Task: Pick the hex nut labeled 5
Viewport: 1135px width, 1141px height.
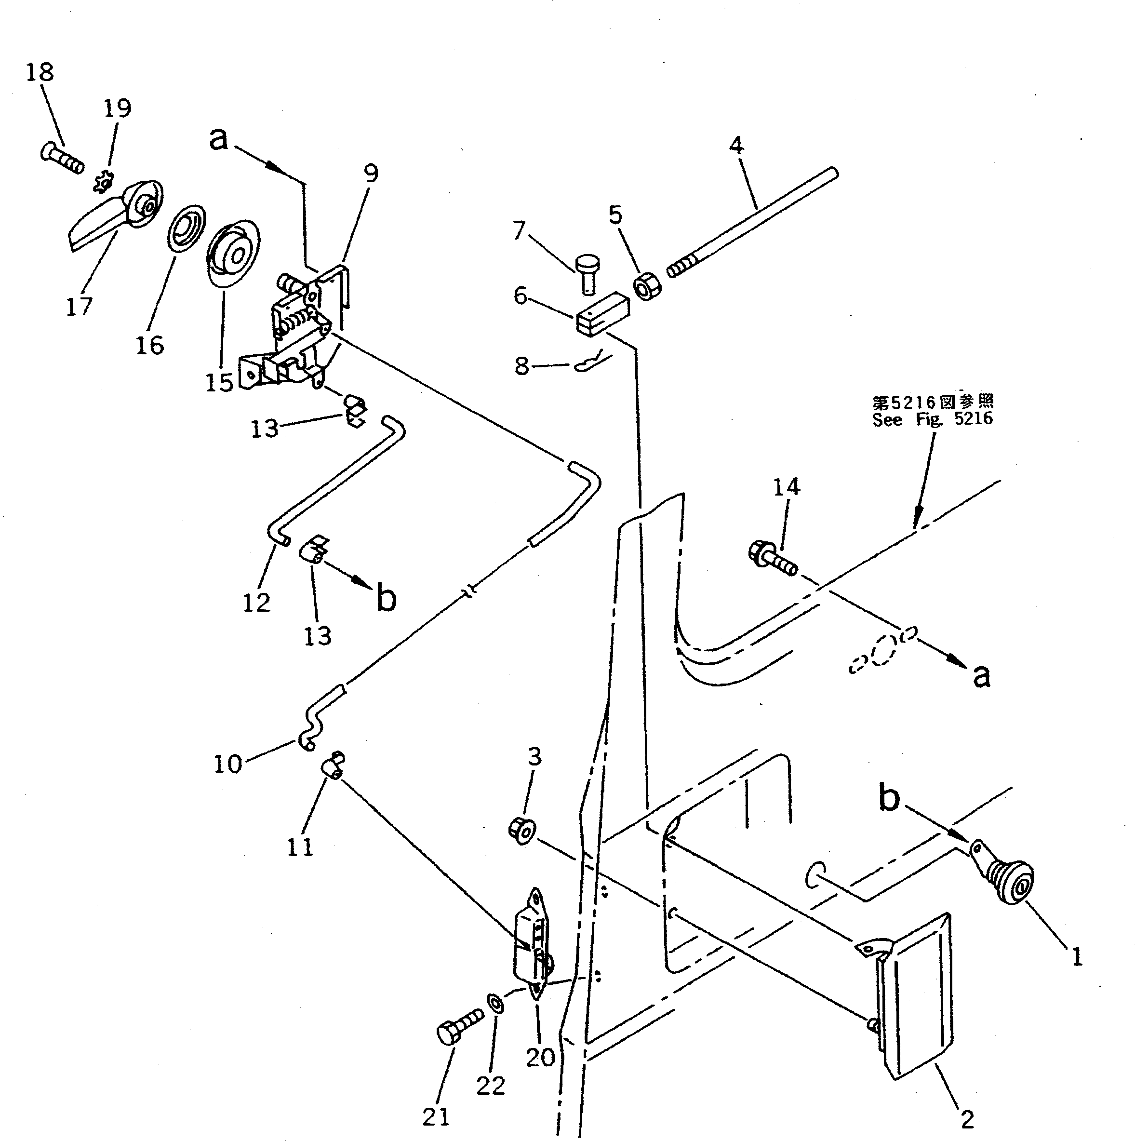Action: coord(647,286)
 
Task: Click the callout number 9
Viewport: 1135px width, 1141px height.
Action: coord(370,173)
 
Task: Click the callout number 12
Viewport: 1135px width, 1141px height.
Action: coord(256,603)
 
